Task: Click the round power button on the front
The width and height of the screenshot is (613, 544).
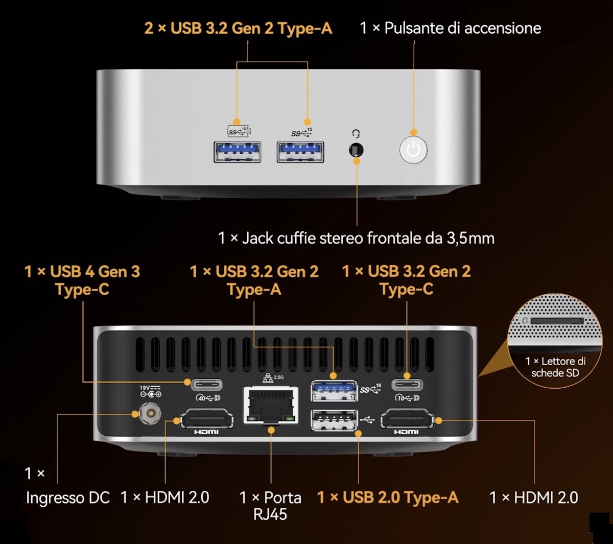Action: [x=413, y=150]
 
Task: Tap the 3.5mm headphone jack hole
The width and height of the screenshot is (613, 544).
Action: [x=356, y=150]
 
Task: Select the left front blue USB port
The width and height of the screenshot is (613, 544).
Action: [x=238, y=152]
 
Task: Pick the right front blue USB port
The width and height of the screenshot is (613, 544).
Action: [x=300, y=152]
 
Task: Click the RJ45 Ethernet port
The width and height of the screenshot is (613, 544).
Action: [x=271, y=405]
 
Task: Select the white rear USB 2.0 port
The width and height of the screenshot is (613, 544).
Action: [x=334, y=420]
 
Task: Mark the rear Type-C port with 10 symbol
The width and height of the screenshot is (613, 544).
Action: [x=407, y=384]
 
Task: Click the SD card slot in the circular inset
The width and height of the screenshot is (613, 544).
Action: [x=557, y=321]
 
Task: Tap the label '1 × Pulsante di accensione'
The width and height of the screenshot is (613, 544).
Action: [x=450, y=28]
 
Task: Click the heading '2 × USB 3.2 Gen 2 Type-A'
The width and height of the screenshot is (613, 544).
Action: [x=238, y=29]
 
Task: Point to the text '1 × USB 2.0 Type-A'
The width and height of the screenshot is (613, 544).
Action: [x=388, y=498]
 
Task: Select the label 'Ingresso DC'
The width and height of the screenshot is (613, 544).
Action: [x=67, y=498]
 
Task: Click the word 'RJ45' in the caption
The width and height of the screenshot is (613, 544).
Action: [x=270, y=514]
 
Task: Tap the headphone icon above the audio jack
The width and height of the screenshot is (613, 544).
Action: [x=356, y=134]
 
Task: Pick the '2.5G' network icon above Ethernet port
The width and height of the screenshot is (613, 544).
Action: [x=273, y=378]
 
